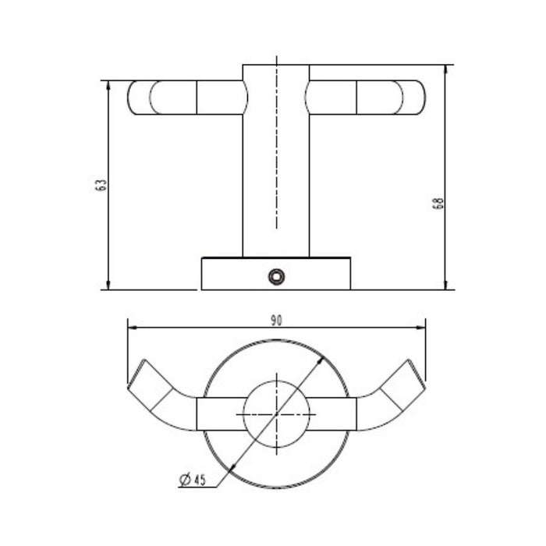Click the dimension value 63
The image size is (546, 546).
101,185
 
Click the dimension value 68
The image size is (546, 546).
438,203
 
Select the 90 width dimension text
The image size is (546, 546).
276,321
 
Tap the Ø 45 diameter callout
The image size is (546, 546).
193,480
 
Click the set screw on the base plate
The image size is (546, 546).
276,277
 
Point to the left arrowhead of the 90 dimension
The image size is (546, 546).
133,328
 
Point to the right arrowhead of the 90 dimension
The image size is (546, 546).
420,328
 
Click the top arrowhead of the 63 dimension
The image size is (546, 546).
108,85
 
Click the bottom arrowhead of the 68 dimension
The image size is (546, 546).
445,285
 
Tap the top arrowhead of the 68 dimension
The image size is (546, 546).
445,69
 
